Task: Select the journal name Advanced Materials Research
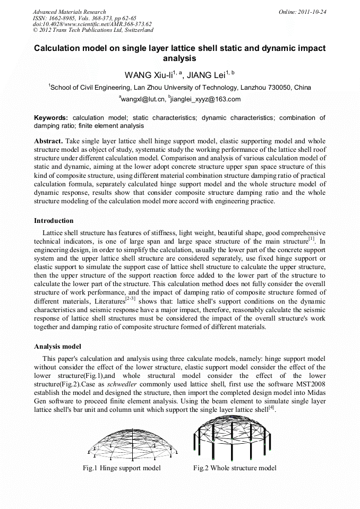click(x=69, y=12)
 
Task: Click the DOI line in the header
click(x=92, y=24)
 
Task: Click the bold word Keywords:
click(x=51, y=117)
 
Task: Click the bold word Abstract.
click(x=48, y=141)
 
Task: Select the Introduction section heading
click(x=54, y=220)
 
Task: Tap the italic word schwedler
click(x=124, y=384)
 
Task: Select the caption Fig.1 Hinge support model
click(x=122, y=468)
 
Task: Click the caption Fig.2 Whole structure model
click(x=235, y=468)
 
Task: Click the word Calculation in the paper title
click(x=59, y=48)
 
